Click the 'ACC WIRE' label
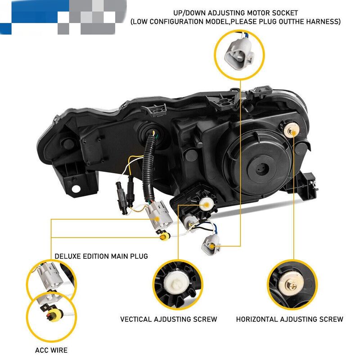[51, 350]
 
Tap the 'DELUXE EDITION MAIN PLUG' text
[101, 256]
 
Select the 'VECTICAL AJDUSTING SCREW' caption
[168, 319]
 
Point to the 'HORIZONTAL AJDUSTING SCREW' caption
[289, 319]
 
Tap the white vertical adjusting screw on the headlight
[206, 204]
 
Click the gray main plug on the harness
[158, 216]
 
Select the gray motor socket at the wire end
[210, 245]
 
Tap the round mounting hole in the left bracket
[76, 189]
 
